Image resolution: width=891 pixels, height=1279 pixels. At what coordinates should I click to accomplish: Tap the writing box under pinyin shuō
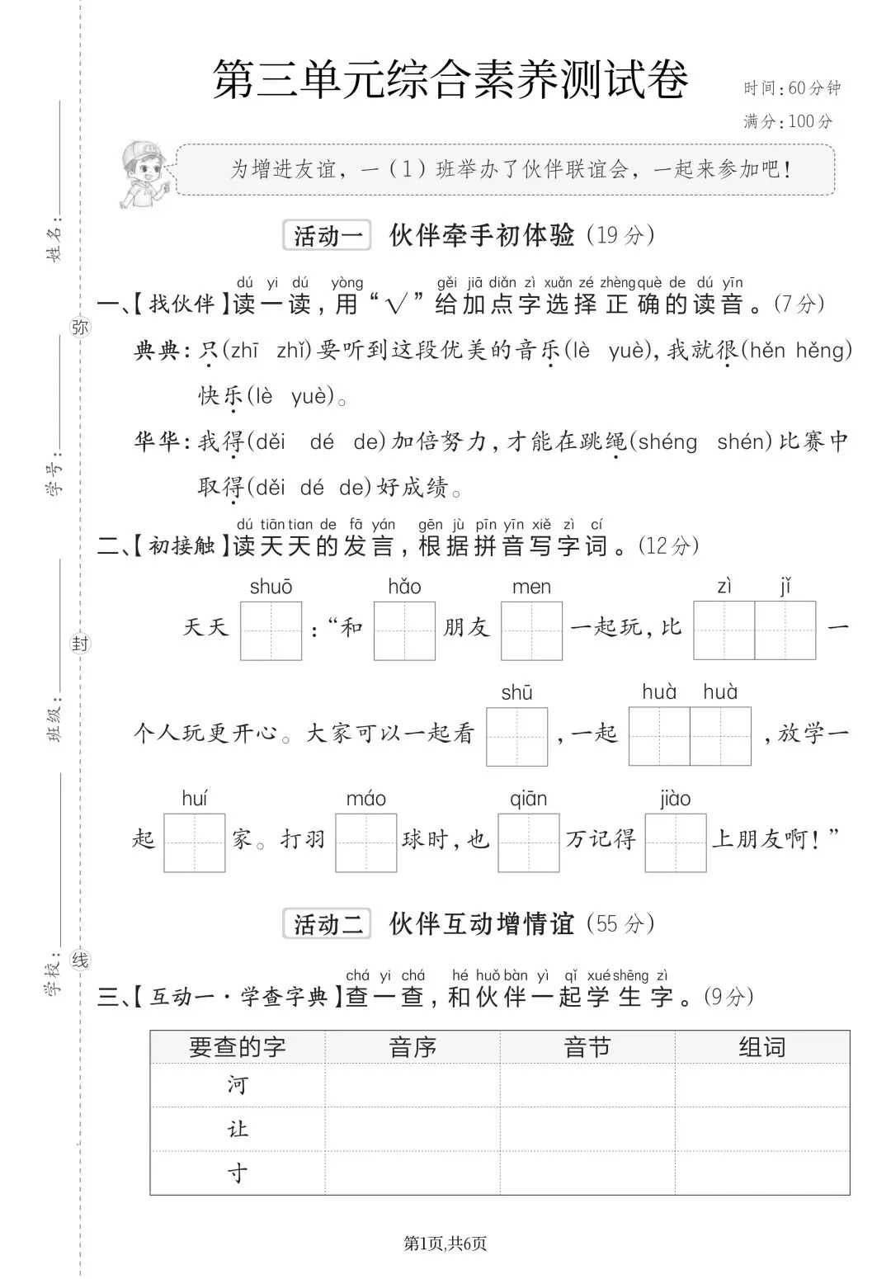(x=271, y=630)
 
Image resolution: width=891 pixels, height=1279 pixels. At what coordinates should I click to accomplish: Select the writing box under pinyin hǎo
(x=404, y=630)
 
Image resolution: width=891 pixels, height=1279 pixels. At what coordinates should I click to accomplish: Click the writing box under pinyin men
(x=531, y=630)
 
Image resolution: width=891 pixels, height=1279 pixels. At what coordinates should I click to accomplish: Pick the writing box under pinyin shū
(x=516, y=736)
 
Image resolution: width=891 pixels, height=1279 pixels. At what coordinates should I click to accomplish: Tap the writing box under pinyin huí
(x=195, y=842)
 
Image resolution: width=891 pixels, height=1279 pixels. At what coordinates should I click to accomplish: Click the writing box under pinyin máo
(x=366, y=842)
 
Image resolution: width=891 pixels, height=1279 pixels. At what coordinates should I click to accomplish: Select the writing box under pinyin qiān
(x=529, y=842)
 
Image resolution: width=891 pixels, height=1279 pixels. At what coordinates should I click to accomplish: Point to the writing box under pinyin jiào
(x=676, y=842)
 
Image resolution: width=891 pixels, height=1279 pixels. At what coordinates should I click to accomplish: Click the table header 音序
(x=412, y=1047)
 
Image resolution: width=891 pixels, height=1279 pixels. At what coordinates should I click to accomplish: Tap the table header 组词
(x=761, y=1047)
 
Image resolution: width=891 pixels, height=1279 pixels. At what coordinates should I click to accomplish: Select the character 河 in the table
(x=238, y=1085)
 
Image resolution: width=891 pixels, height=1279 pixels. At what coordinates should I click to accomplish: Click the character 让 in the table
(x=238, y=1129)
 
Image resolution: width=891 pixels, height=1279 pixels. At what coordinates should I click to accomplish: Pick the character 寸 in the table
(x=238, y=1173)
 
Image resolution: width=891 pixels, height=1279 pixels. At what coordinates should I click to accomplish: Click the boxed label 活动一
(x=328, y=236)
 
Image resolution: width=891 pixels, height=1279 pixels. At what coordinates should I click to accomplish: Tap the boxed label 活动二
(x=328, y=924)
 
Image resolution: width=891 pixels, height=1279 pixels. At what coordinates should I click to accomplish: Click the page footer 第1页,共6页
(x=445, y=1243)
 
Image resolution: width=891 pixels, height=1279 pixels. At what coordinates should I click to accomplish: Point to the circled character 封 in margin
(x=80, y=644)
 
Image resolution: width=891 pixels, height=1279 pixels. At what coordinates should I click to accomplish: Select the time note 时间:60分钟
(x=791, y=88)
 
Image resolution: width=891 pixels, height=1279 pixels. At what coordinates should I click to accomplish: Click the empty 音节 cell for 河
(x=587, y=1085)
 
